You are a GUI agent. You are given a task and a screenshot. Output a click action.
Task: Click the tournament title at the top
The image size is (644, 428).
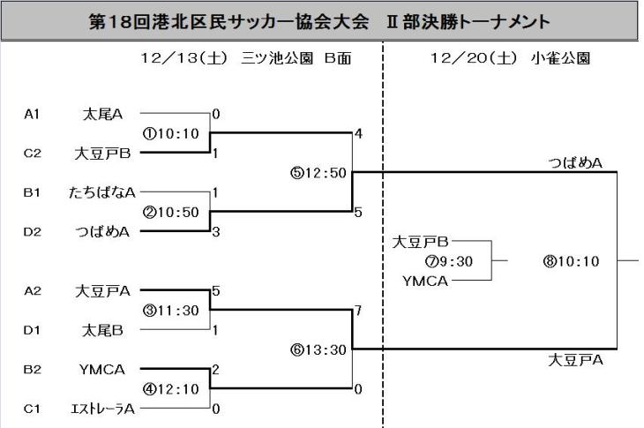tap(321, 21)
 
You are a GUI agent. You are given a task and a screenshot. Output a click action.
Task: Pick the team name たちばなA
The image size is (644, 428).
tap(101, 191)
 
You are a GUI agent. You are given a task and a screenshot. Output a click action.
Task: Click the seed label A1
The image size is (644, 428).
tap(34, 114)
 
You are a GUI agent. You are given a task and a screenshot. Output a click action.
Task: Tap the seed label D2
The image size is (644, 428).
tap(34, 231)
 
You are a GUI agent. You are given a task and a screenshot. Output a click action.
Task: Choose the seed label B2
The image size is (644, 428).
tap(34, 369)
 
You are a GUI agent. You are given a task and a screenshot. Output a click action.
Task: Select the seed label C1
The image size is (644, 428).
tap(34, 408)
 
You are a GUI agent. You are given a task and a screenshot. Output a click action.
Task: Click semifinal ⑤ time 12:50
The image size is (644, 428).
tap(318, 172)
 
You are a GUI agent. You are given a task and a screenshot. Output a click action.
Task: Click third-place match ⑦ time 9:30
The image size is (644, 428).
tap(449, 260)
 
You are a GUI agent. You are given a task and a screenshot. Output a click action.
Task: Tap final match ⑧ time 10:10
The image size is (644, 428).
tap(572, 260)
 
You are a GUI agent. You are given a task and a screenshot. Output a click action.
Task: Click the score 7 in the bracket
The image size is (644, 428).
tap(358, 310)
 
